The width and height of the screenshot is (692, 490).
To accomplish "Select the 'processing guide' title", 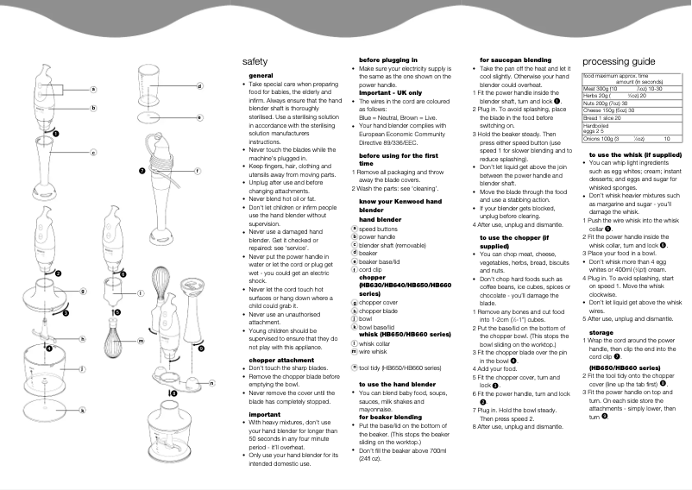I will coord(620,62).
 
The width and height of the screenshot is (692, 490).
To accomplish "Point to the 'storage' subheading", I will coord(601,332).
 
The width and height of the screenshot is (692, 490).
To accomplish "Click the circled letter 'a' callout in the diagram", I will coord(93,89).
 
